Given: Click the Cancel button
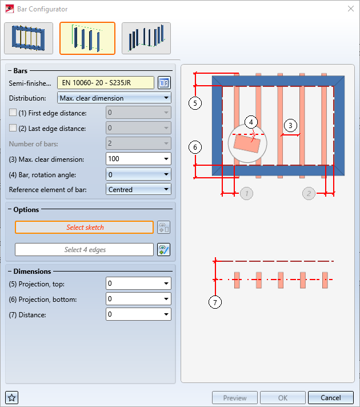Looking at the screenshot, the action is click(x=331, y=398).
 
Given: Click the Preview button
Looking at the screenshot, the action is click(x=235, y=398).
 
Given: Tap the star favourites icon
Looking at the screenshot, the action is click(x=12, y=398).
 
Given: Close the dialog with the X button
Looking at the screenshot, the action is click(x=351, y=9).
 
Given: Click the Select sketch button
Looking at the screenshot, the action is click(x=85, y=228).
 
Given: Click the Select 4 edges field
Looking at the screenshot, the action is click(x=85, y=250).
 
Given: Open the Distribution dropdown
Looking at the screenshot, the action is click(x=114, y=98).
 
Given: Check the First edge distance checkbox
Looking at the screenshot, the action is click(x=13, y=113).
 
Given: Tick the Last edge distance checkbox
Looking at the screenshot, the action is click(x=13, y=128).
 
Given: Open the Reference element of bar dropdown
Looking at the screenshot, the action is click(x=138, y=189).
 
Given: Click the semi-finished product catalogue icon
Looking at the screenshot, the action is click(x=164, y=83).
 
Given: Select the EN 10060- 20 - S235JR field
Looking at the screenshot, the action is click(x=106, y=83).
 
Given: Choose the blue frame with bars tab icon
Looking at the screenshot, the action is click(x=29, y=38).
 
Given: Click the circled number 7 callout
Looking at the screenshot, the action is click(x=215, y=302).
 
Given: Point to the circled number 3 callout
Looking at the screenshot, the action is click(x=290, y=126).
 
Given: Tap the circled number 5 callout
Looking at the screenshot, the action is click(x=195, y=103).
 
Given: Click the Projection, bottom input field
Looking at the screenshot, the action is click(x=138, y=299).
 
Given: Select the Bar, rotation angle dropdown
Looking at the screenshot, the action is click(x=138, y=174).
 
